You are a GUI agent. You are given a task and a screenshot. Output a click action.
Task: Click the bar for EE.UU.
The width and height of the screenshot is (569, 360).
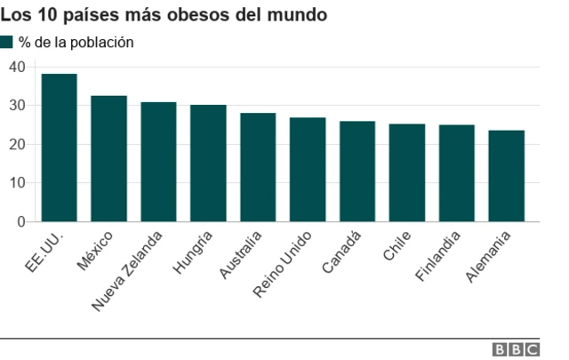(x=59, y=148)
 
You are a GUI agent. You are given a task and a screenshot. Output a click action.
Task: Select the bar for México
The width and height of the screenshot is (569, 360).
(x=108, y=158)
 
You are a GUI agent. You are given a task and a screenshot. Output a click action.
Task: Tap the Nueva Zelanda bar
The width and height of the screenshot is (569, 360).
(x=158, y=162)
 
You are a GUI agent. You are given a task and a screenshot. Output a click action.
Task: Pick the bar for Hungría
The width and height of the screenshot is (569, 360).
(x=208, y=164)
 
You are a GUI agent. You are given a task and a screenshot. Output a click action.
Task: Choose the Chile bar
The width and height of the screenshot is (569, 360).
(x=407, y=172)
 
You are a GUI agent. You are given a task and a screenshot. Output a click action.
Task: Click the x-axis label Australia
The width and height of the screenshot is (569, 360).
(x=242, y=255)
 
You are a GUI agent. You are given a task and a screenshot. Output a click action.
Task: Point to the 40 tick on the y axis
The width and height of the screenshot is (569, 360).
(x=17, y=67)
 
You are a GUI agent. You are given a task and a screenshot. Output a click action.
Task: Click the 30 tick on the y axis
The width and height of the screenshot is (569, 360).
(x=17, y=106)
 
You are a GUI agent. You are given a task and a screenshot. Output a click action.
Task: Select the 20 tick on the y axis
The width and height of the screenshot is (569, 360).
(x=17, y=144)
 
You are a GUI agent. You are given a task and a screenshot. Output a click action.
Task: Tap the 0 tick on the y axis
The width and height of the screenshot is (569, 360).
(x=20, y=221)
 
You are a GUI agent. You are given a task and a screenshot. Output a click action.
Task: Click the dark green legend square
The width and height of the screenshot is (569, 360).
(x=7, y=42)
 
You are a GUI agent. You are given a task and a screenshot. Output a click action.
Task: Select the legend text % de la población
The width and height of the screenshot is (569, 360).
(x=76, y=42)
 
